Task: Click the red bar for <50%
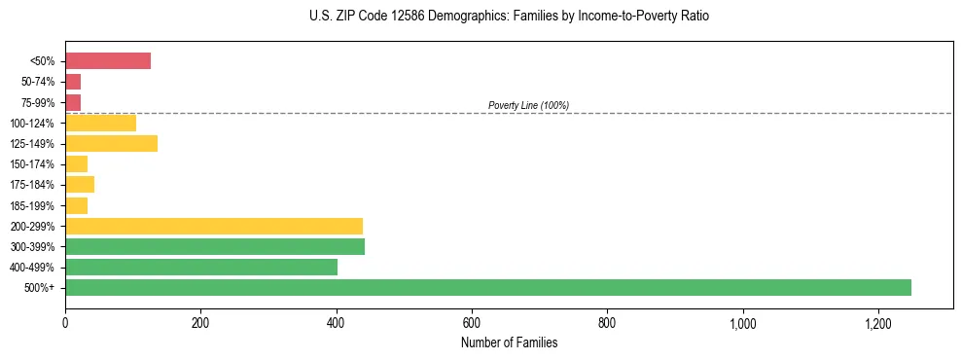coord(108,61)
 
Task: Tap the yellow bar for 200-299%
coord(214,226)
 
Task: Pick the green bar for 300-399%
coord(215,246)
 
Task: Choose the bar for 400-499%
coord(201,267)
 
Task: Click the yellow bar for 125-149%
coord(111,144)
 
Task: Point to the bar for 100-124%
coord(100,124)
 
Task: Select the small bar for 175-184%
coord(80,185)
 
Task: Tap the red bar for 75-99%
coord(73,103)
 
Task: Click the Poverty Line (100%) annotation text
coord(528,105)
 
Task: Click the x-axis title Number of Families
coord(509,342)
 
